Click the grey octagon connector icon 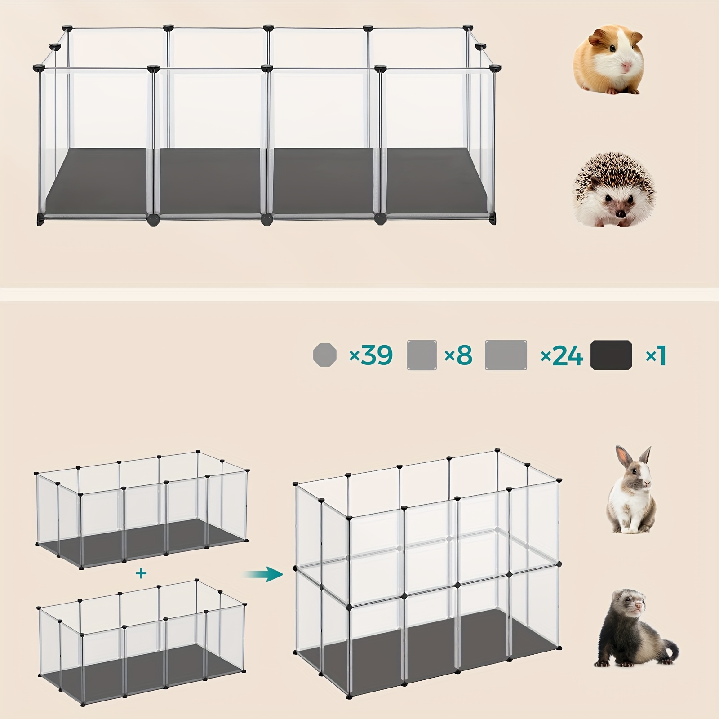pyautogui.click(x=324, y=355)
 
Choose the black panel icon pyautogui.click(x=611, y=355)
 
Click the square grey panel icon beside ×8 pyautogui.click(x=422, y=355)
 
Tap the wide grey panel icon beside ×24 pyautogui.click(x=506, y=355)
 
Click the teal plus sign pyautogui.click(x=141, y=573)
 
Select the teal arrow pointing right pyautogui.click(x=263, y=574)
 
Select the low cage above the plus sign pyautogui.click(x=142, y=510)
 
